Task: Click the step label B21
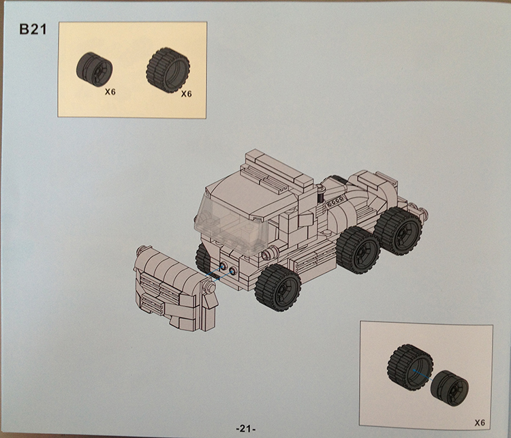tap(33, 29)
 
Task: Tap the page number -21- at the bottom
tap(245, 428)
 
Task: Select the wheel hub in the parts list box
tap(94, 69)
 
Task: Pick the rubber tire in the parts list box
tap(168, 69)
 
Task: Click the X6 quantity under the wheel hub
tap(110, 92)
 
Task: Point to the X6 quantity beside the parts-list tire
tap(187, 94)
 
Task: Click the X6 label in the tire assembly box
tap(480, 423)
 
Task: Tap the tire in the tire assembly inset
tap(410, 367)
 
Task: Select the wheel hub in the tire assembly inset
tap(450, 388)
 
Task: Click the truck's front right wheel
tap(278, 287)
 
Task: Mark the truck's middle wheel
tap(358, 250)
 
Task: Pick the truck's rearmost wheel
tap(398, 231)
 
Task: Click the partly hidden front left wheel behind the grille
tap(203, 258)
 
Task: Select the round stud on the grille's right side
tap(211, 287)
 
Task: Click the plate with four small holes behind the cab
tap(335, 201)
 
